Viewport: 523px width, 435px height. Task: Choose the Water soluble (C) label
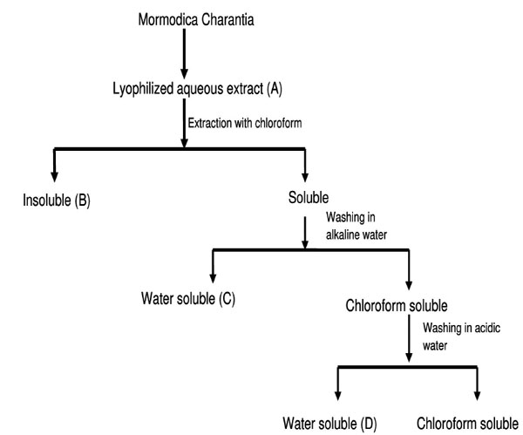point(189,298)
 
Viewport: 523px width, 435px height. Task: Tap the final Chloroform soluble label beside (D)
point(466,425)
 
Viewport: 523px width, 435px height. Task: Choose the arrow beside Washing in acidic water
point(409,342)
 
